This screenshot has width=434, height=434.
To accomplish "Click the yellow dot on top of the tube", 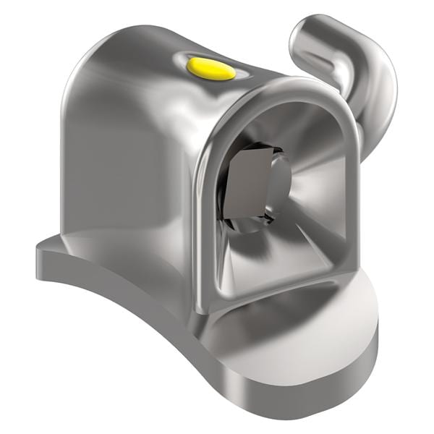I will pyautogui.click(x=210, y=69).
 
